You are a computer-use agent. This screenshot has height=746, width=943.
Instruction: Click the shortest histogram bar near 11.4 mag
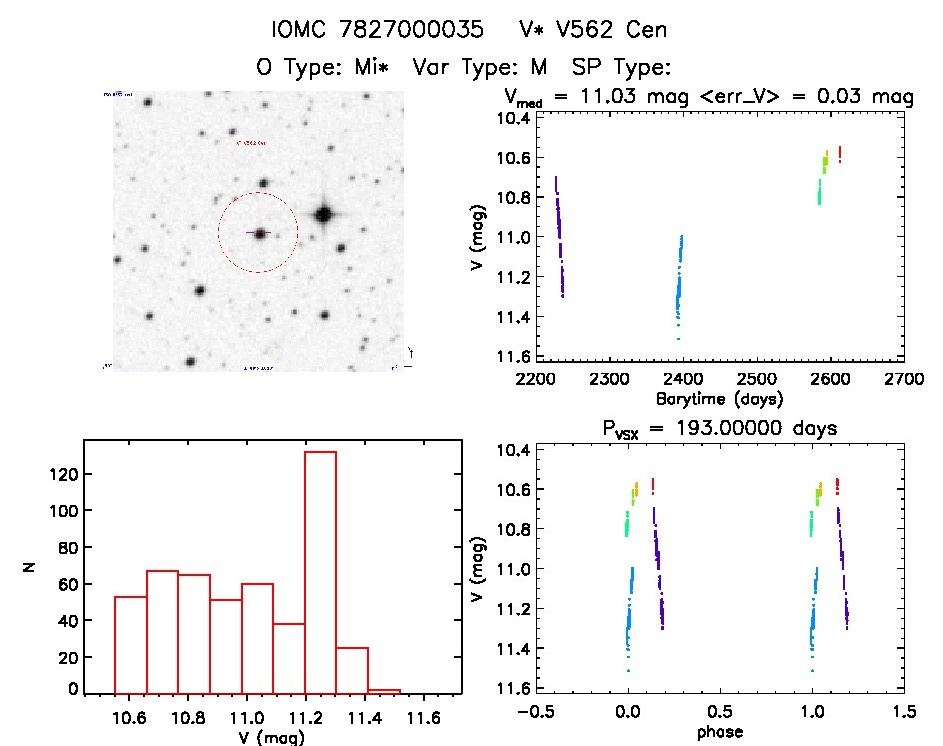click(x=384, y=691)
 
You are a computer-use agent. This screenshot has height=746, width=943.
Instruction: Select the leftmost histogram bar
click(x=131, y=644)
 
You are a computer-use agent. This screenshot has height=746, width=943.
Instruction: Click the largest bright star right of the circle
click(x=323, y=214)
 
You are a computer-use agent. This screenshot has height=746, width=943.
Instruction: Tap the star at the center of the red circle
click(x=259, y=233)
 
